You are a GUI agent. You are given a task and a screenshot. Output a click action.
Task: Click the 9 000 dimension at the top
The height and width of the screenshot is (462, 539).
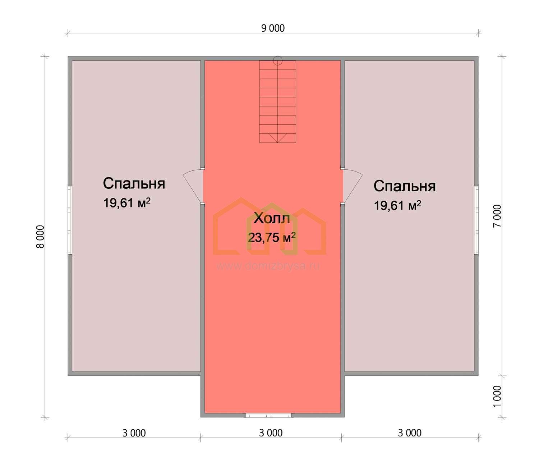coord(273,28)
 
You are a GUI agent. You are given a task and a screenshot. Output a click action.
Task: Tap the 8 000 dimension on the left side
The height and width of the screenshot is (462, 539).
coord(40,237)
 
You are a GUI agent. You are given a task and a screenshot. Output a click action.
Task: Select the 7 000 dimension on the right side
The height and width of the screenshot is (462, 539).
coord(497,216)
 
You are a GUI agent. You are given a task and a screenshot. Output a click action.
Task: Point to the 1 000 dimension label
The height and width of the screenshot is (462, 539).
coord(497,396)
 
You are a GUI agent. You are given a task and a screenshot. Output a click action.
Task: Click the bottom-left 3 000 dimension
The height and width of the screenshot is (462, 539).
coord(134,433)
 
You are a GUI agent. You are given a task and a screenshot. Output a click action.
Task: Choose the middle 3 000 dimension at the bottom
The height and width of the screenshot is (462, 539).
coord(271,433)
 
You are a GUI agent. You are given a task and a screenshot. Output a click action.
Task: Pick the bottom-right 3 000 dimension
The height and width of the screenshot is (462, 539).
coord(410,433)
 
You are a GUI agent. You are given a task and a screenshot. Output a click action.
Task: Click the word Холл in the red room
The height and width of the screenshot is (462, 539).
coord(272,218)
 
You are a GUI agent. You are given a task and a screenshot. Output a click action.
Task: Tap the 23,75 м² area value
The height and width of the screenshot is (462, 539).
coord(272,237)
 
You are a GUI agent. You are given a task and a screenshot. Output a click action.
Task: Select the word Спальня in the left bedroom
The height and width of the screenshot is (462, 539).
coord(134,183)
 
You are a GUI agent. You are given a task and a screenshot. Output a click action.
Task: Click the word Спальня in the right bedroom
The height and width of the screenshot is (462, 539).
coord(405,186)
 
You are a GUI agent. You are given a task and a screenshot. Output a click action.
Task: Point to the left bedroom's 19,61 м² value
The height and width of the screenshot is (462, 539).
coord(127,203)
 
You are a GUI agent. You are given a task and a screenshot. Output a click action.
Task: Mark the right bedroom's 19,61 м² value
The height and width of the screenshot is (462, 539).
coord(397,206)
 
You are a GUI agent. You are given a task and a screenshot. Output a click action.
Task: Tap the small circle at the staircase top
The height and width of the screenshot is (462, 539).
coord(277,61)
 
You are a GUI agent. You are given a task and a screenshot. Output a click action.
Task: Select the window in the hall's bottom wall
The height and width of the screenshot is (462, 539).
coord(268,415)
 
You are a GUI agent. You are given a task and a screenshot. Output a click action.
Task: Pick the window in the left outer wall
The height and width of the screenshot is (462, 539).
coord(70,220)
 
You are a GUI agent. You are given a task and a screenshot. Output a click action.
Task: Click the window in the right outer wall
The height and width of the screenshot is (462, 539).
coord(476,220)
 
